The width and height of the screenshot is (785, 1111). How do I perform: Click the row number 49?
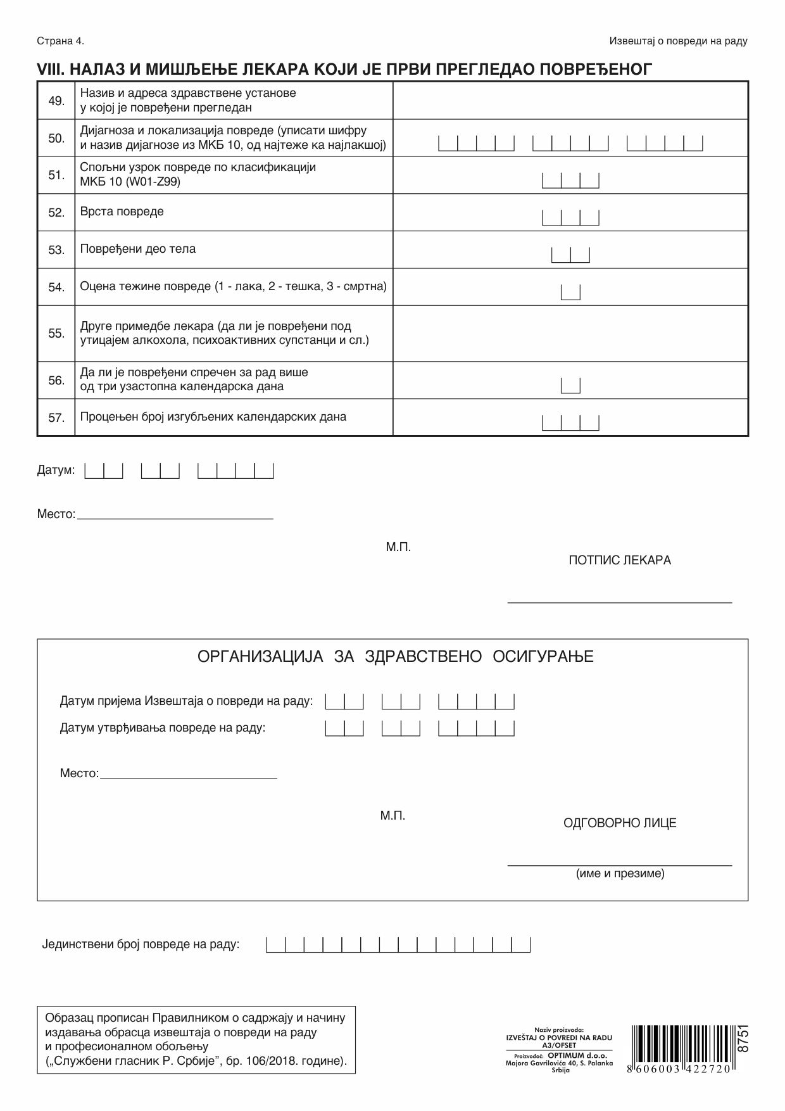(x=56, y=101)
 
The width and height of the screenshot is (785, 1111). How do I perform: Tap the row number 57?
(x=56, y=417)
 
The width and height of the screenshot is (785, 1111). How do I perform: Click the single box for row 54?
(x=570, y=292)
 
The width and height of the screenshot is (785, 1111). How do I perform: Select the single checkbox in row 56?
(x=570, y=385)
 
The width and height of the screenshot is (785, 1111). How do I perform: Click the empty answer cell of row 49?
(x=570, y=101)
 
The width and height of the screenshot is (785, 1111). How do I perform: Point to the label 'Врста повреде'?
(x=122, y=212)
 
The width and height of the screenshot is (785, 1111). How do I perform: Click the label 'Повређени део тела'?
(x=137, y=249)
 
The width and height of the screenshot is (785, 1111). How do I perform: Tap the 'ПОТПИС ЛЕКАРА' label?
(x=619, y=561)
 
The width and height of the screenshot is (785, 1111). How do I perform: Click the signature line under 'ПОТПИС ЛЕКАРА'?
(x=619, y=602)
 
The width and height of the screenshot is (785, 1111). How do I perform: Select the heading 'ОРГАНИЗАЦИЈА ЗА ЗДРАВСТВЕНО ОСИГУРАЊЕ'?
(x=396, y=656)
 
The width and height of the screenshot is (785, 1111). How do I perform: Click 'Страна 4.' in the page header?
(x=60, y=41)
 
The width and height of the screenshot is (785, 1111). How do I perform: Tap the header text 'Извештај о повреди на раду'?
(x=678, y=41)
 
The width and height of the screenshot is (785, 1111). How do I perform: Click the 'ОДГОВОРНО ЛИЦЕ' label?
(x=620, y=823)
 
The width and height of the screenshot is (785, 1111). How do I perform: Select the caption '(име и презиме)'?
(x=620, y=874)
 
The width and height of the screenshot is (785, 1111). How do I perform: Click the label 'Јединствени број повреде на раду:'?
(x=141, y=945)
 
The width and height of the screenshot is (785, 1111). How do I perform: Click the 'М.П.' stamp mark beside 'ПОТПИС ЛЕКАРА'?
(x=398, y=547)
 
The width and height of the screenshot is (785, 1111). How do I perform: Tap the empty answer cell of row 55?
(x=570, y=333)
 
